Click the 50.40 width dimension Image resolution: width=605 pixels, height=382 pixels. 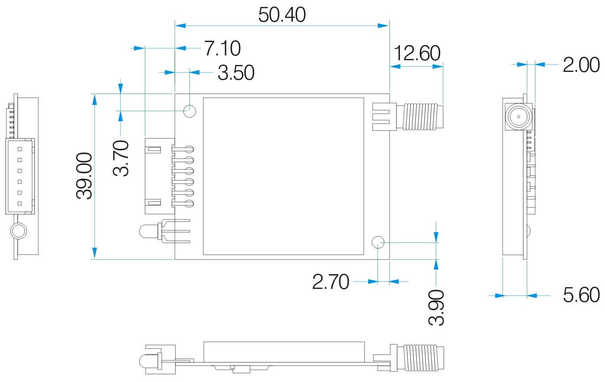[x=282, y=15]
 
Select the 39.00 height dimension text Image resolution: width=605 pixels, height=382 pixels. [x=84, y=175]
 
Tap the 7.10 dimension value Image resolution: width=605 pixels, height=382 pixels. [x=222, y=48]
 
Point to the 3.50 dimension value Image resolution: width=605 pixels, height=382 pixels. [x=236, y=73]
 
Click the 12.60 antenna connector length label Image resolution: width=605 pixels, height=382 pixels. [x=417, y=54]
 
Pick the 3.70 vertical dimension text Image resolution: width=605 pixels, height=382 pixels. [x=121, y=158]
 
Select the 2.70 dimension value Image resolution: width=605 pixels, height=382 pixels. [x=330, y=282]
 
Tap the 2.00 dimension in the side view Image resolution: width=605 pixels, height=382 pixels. [x=581, y=65]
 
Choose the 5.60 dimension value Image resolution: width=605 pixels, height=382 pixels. [x=581, y=295]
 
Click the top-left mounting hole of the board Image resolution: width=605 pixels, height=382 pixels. [x=190, y=111]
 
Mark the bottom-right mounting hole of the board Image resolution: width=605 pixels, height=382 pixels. [x=378, y=242]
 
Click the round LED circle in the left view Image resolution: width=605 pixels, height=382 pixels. [x=19, y=231]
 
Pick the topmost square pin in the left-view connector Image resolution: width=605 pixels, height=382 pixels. [x=20, y=149]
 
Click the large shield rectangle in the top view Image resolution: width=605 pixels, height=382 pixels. [x=283, y=176]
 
